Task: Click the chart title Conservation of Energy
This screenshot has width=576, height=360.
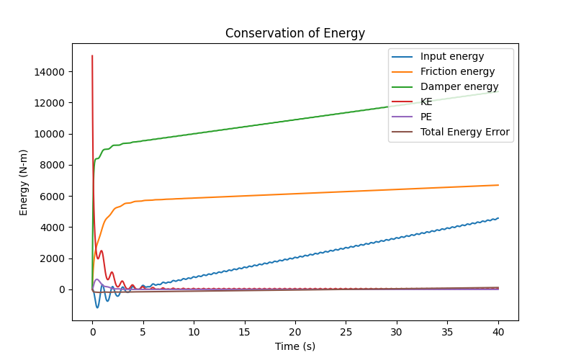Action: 295,33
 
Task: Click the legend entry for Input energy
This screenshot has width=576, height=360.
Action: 452,56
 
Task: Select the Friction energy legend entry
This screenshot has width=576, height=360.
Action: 457,71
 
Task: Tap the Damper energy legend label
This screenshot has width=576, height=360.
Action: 459,86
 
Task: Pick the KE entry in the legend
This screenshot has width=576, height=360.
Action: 426,102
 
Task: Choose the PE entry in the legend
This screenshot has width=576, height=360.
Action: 426,117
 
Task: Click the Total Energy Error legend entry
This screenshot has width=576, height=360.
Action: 464,132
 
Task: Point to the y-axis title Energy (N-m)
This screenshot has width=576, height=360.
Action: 24,180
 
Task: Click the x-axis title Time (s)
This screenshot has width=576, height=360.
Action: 295,346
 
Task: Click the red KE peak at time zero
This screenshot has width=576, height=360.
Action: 92,55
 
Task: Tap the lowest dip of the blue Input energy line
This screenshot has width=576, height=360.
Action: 98,307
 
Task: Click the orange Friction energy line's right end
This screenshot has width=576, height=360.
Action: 498,185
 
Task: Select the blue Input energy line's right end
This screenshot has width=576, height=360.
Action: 498,218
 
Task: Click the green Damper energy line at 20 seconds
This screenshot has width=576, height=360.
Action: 295,120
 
